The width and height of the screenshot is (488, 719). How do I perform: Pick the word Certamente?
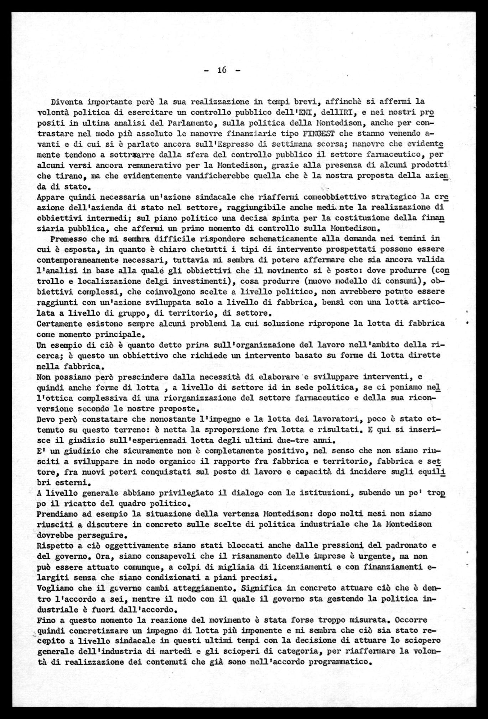[x=61, y=323]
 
